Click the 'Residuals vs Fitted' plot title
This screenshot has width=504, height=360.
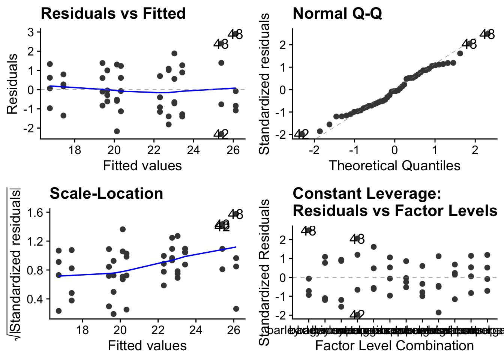coord(113,13)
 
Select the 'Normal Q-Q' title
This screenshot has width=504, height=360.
coord(337,13)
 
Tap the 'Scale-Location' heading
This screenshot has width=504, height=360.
coord(106,193)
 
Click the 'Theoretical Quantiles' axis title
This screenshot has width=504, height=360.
coord(394,165)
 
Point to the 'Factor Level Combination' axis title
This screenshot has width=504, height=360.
coord(394,345)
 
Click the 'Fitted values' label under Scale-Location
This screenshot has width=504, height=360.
coord(147,345)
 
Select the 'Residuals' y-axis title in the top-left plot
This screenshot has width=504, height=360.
coord(12,84)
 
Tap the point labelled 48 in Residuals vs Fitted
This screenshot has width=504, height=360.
coord(235,34)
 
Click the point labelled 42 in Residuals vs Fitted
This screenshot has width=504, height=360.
coord(221,134)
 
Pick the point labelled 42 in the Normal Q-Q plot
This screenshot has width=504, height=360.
coord(301,134)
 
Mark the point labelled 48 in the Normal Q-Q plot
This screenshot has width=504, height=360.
coord(487,34)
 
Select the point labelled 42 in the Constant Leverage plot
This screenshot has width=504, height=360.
coord(357,314)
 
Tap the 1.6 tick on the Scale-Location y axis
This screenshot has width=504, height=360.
coord(36,212)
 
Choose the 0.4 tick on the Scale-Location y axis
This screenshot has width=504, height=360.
coord(36,299)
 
